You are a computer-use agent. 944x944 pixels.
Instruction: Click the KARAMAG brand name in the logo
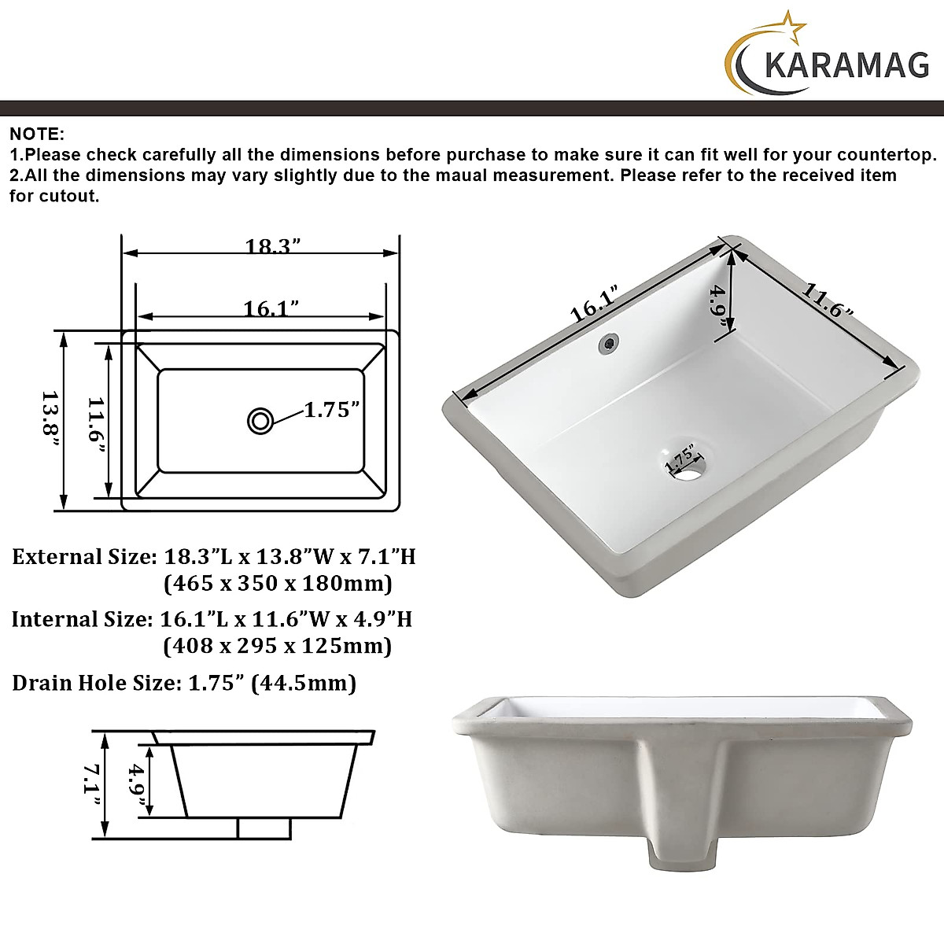click(846, 65)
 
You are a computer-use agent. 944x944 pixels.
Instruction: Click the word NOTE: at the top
click(37, 135)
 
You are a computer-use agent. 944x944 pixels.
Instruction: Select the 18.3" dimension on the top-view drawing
click(273, 246)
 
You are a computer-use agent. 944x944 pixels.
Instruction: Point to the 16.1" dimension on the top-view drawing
click(271, 308)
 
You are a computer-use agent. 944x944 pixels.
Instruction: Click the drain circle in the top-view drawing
click(260, 421)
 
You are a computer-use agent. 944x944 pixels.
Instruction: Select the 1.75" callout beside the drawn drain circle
click(332, 410)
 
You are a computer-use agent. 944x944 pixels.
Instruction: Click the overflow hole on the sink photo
click(608, 343)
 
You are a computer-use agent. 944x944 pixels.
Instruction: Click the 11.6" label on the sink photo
click(828, 301)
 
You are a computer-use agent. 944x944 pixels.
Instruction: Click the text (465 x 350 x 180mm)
click(278, 584)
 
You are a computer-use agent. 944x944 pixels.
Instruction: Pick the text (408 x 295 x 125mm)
click(277, 646)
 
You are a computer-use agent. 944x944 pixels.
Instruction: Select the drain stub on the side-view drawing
click(264, 828)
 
